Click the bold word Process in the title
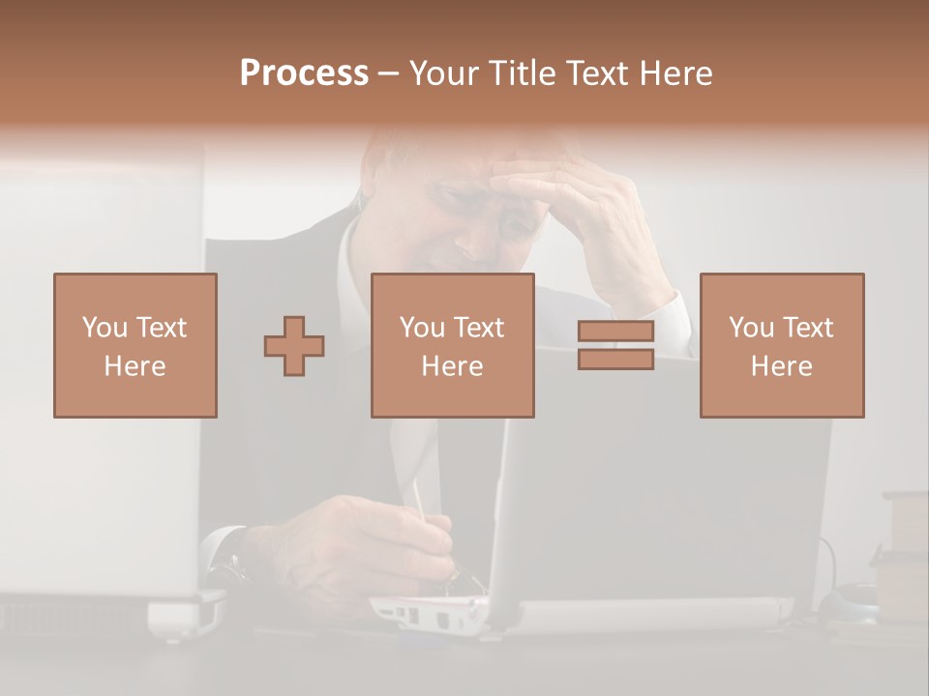coord(304,73)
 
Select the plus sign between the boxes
coord(294,346)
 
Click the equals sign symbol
coord(615,345)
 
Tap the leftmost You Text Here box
coord(135,345)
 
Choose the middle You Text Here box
coord(452,345)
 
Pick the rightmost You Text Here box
coord(781,345)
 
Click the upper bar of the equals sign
coord(615,332)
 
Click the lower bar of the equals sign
coord(615,359)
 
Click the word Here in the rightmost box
coord(781,366)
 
